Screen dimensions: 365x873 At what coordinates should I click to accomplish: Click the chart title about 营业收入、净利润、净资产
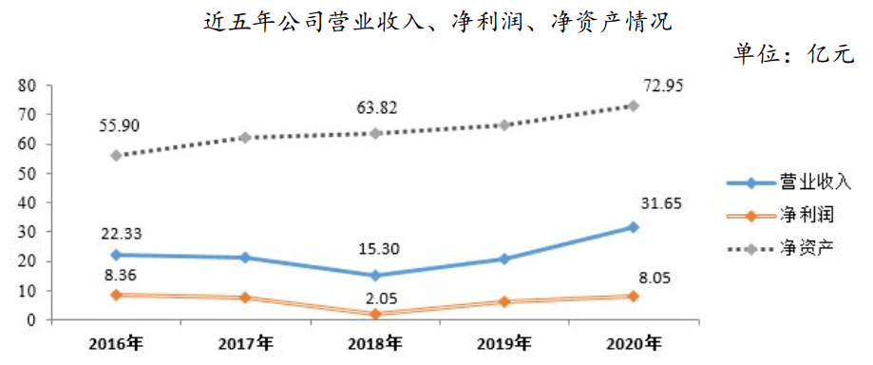click(438, 22)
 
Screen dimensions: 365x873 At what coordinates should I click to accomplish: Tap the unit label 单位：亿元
click(793, 54)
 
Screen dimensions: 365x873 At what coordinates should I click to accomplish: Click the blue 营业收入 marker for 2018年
click(374, 276)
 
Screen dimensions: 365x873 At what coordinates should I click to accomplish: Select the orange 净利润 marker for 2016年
click(116, 295)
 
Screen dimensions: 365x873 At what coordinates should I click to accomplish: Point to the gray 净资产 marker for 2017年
click(245, 137)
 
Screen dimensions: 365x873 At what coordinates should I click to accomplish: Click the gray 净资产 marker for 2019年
click(504, 125)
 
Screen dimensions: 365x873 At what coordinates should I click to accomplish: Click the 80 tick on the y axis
click(28, 86)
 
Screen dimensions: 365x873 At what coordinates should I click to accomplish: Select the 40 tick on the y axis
click(28, 202)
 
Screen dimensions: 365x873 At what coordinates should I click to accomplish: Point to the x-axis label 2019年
click(503, 342)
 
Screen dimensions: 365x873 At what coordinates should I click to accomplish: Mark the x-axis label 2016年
click(116, 342)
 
